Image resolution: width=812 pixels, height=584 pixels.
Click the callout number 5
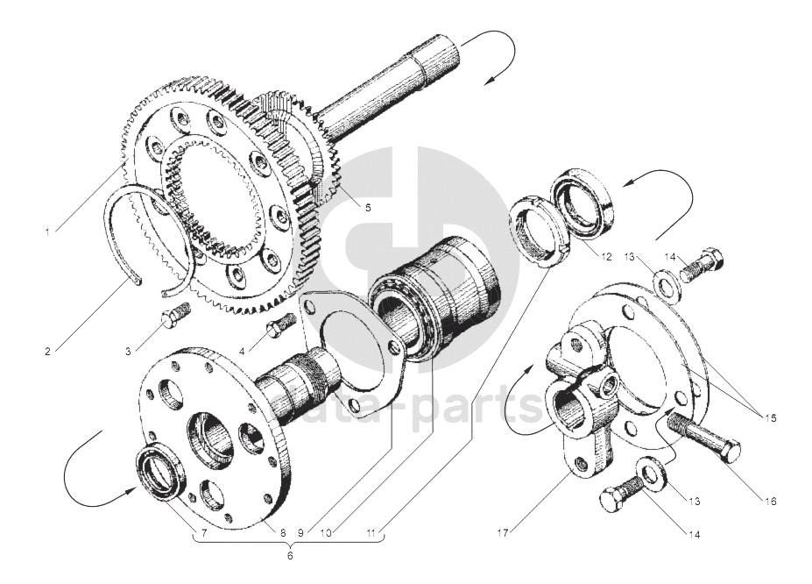tap(367, 208)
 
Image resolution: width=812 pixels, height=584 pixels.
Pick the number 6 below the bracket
tap(291, 554)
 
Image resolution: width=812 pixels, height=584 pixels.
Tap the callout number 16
tap(770, 502)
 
